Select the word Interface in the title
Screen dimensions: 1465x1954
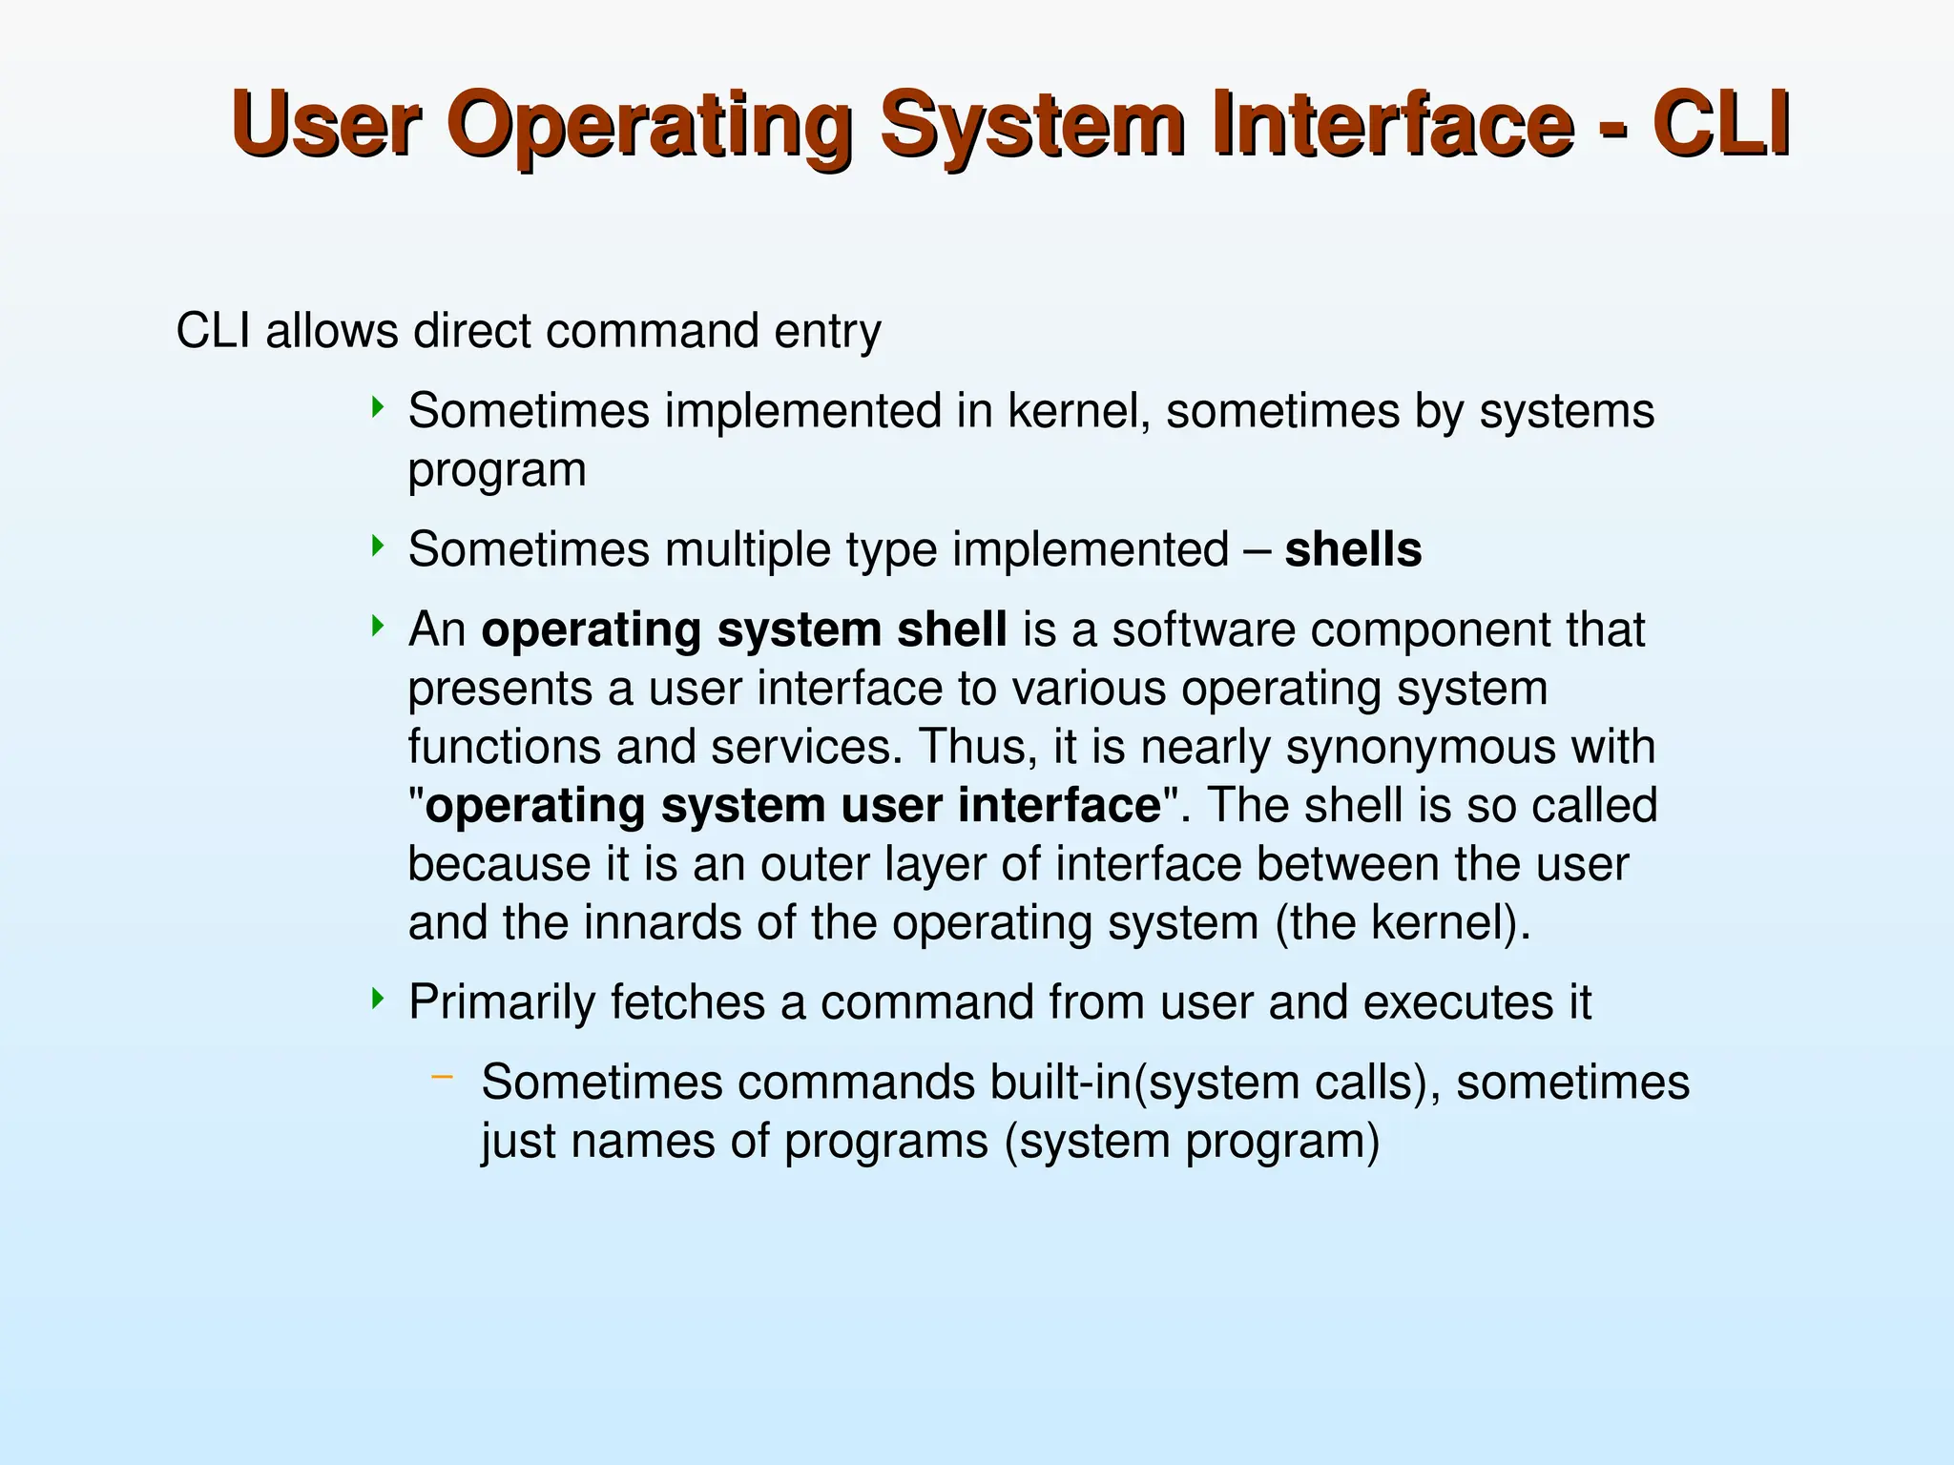tap(1392, 124)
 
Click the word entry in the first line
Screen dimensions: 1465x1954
tap(827, 332)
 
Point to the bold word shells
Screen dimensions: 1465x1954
tap(1353, 550)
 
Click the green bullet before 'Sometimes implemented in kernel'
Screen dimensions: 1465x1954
tap(378, 408)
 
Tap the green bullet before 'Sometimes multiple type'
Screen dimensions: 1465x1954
tap(378, 547)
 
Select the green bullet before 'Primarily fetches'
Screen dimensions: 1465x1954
tap(378, 1000)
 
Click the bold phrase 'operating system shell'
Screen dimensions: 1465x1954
tap(743, 630)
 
